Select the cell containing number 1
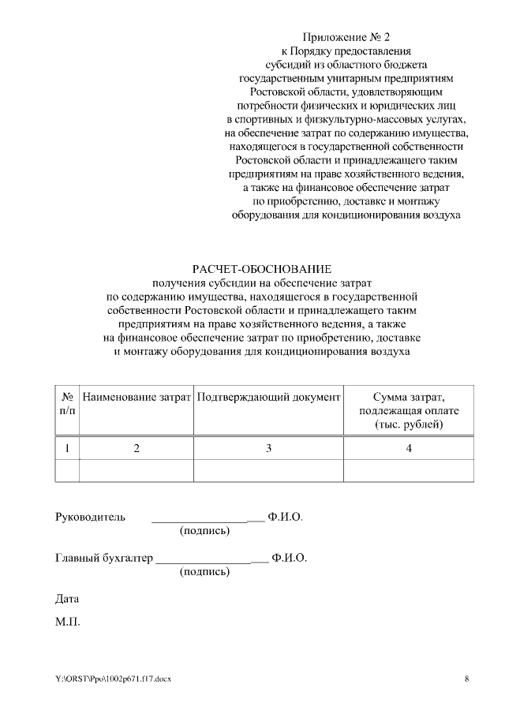click(x=67, y=448)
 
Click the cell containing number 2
click(x=137, y=448)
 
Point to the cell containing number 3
click(x=268, y=448)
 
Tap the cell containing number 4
click(x=408, y=448)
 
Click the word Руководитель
click(x=90, y=518)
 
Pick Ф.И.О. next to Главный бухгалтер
click(x=289, y=558)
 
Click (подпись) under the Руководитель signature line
click(x=205, y=531)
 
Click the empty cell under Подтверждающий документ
click(x=268, y=470)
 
